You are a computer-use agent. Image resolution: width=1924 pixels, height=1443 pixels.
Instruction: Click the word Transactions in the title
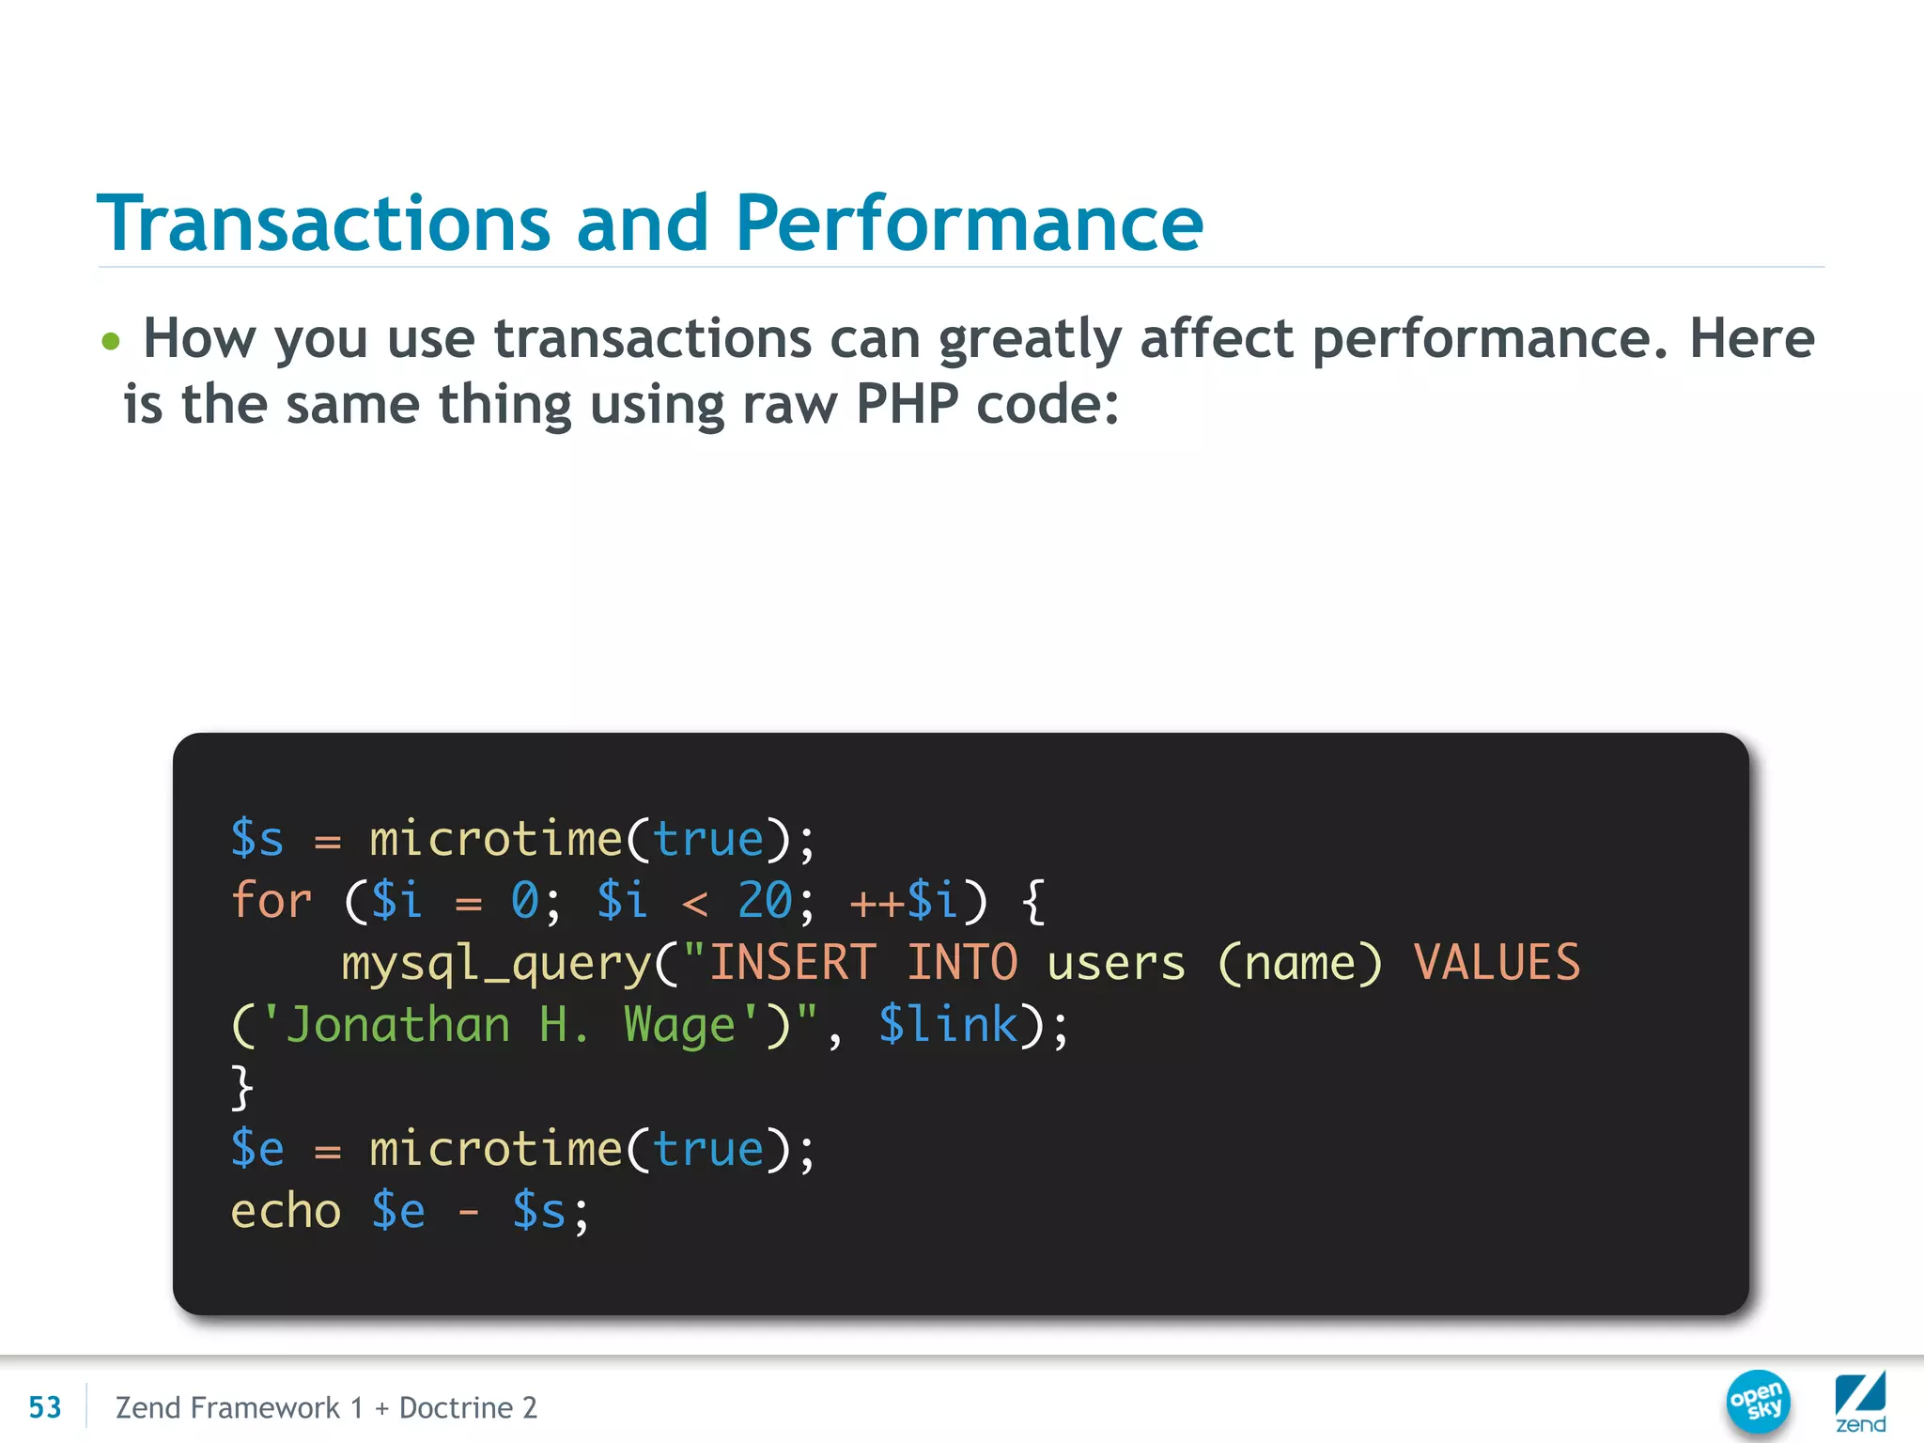pos(324,224)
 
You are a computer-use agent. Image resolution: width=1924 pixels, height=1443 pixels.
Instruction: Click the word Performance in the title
pos(969,224)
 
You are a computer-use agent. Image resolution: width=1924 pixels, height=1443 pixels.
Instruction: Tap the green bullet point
pos(111,341)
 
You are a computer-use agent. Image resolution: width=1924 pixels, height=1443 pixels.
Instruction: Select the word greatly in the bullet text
pos(1030,339)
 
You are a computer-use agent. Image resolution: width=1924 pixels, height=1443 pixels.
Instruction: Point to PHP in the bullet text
pos(907,405)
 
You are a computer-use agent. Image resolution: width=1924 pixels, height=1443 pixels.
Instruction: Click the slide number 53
pos(44,1407)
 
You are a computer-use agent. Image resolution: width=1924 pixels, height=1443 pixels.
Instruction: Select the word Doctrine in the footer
pos(456,1407)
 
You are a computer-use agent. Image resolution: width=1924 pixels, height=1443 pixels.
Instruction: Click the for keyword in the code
pos(271,901)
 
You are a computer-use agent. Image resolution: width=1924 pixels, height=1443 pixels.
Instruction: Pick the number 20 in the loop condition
pos(765,901)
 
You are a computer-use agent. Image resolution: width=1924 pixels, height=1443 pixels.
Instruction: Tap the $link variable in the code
pos(948,1025)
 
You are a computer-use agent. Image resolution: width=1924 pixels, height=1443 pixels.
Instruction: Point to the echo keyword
pos(286,1211)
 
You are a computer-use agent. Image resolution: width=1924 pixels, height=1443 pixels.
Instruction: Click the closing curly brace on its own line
pos(241,1087)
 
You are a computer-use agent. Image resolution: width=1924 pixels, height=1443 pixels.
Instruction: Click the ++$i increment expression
pos(904,901)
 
